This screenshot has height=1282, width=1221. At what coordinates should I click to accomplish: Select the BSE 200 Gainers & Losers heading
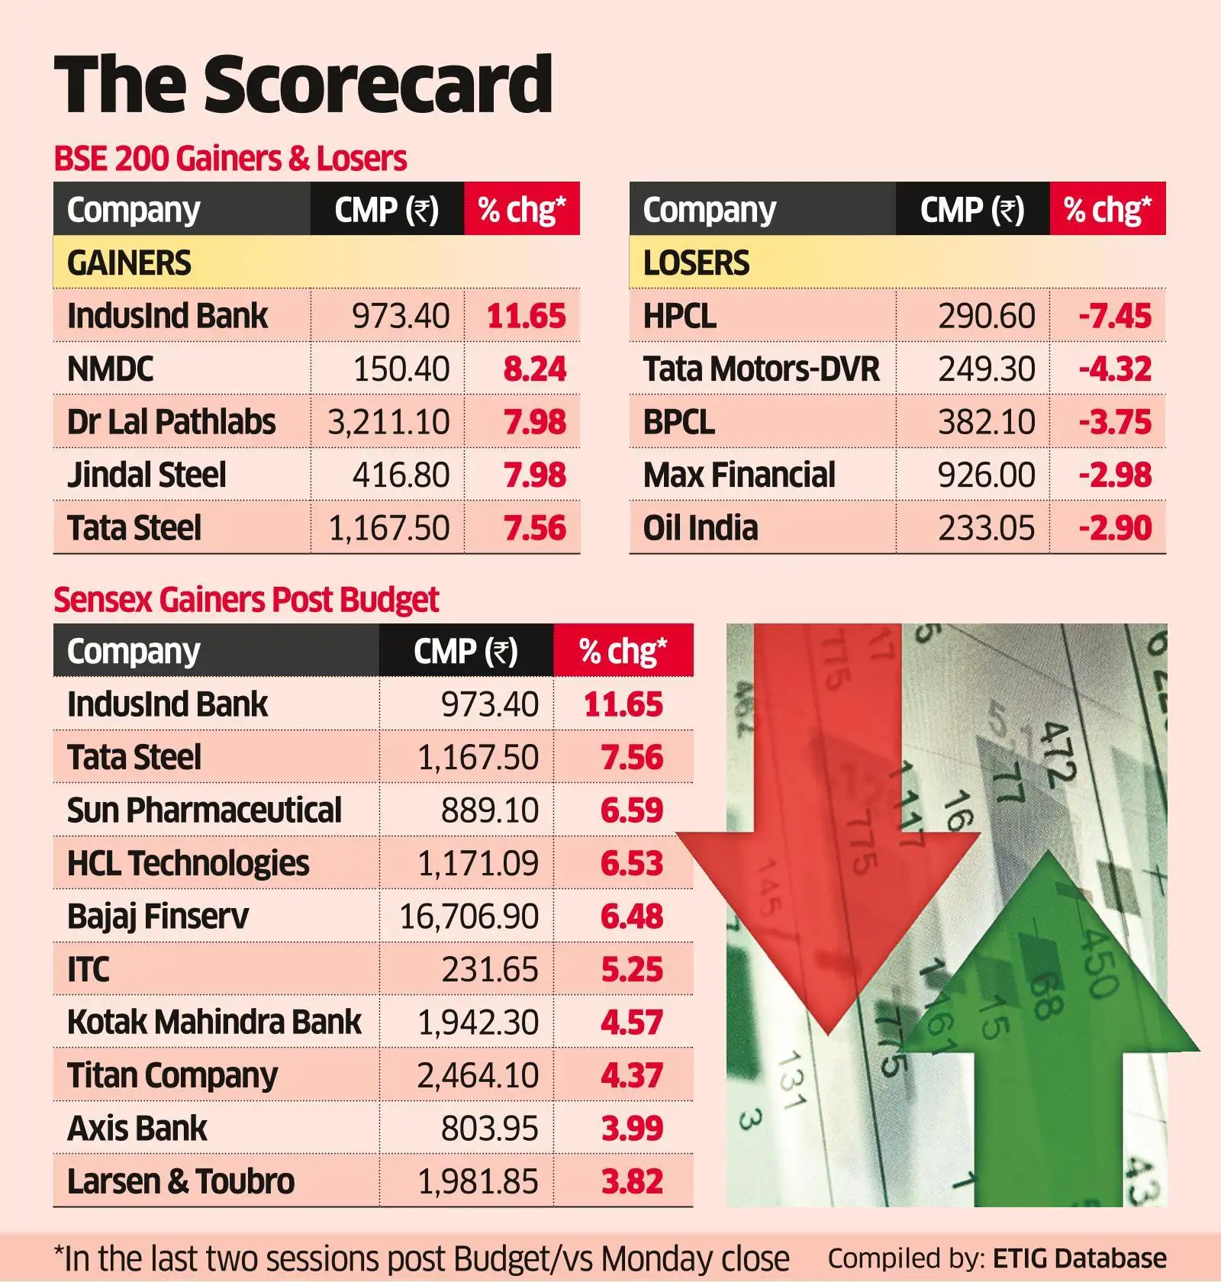(230, 159)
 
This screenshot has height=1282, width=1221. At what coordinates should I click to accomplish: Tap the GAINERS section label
(128, 263)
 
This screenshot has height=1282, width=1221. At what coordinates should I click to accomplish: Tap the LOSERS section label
(696, 263)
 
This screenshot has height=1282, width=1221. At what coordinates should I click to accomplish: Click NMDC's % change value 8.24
(534, 369)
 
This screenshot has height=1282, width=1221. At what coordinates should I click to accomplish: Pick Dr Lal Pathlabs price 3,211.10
(388, 422)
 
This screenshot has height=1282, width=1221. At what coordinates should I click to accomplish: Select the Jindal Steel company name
(147, 475)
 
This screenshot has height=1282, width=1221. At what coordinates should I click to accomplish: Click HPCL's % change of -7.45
(1114, 317)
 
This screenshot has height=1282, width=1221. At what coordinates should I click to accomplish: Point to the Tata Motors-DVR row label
(761, 369)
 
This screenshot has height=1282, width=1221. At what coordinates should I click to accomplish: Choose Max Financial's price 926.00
(986, 475)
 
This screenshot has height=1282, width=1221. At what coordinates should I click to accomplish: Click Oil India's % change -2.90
(1114, 528)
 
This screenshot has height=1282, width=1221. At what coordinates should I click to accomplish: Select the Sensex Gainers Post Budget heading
(246, 600)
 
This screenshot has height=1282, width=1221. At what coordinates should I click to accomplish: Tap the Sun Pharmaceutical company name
(204, 810)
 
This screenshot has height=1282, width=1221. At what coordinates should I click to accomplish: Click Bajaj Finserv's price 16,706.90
(469, 916)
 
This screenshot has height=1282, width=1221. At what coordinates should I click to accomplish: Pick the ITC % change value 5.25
(631, 970)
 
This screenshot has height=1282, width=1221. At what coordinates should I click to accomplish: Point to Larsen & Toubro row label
(180, 1181)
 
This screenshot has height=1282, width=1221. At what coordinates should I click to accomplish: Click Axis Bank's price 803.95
(489, 1129)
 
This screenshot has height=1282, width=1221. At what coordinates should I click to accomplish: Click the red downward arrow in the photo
(828, 839)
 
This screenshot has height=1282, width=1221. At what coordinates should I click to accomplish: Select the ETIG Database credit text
(1079, 1258)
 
